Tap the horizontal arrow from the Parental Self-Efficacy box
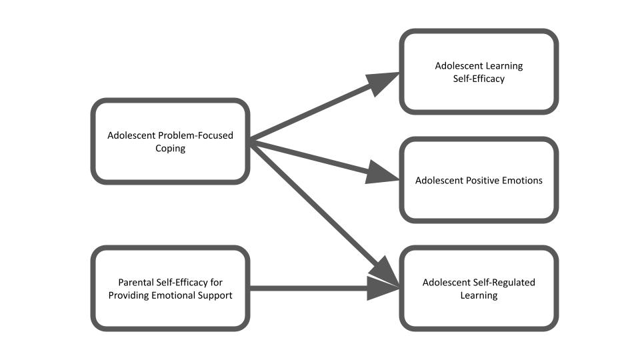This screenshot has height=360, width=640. pyautogui.click(x=307, y=289)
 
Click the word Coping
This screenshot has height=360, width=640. pyautogui.click(x=170, y=149)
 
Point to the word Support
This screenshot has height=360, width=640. pyautogui.click(x=213, y=295)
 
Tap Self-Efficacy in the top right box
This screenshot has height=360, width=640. pyautogui.click(x=479, y=79)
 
